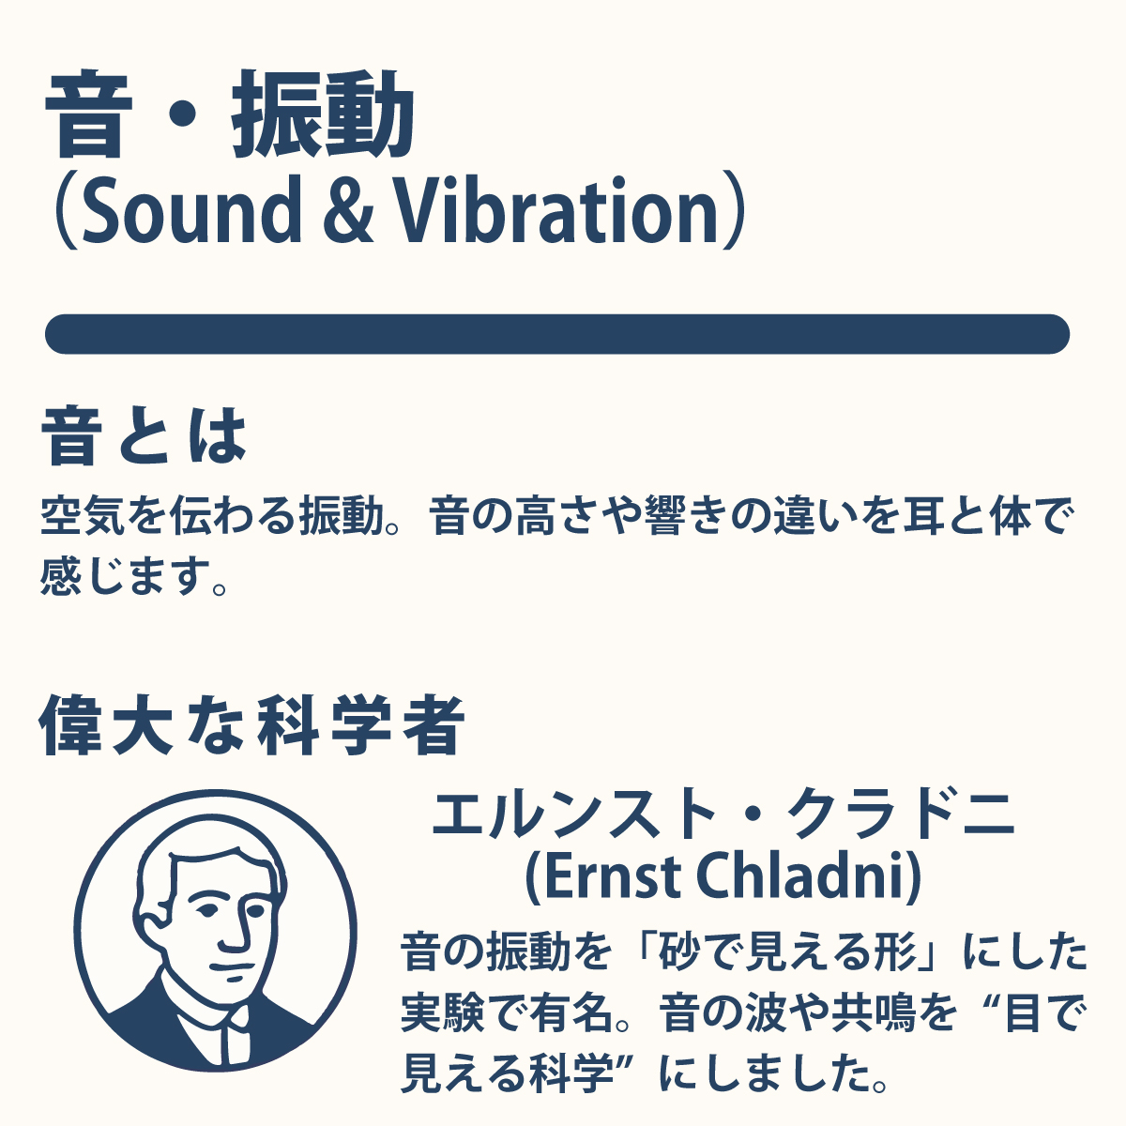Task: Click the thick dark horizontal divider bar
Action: coord(557,334)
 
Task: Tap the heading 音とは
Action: coord(144,436)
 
